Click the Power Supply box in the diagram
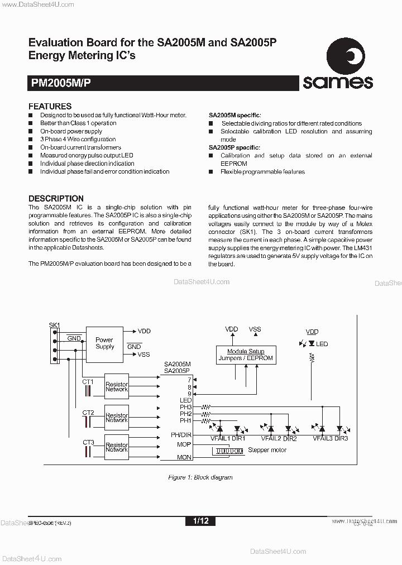pyautogui.click(x=104, y=343)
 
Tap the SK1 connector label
pyautogui.click(x=54, y=325)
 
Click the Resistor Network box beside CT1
pyautogui.click(x=117, y=387)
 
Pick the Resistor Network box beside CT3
pyautogui.click(x=117, y=447)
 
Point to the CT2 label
pyautogui.click(x=88, y=413)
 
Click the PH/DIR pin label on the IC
pyautogui.click(x=181, y=434)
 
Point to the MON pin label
pyautogui.click(x=184, y=457)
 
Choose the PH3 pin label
pyautogui.click(x=185, y=407)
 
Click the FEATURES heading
pyautogui.click(x=50, y=106)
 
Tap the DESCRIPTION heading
pyautogui.click(x=56, y=198)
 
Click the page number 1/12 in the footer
pyautogui.click(x=200, y=521)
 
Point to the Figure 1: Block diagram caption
pyautogui.click(x=200, y=477)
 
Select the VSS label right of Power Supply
pyautogui.click(x=143, y=355)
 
